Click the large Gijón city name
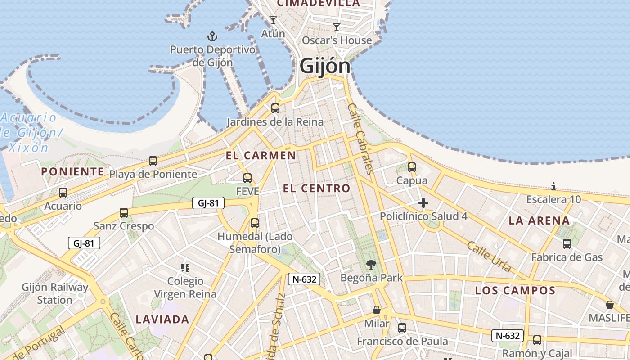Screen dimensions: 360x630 pos(324,66)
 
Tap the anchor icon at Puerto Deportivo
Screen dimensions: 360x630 pos(212,36)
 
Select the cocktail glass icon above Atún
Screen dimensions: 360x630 pos(273,20)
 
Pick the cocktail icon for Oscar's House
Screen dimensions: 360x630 pos(337,27)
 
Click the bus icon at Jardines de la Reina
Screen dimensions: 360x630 pos(275,108)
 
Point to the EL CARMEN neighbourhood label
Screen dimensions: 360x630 pos(261,156)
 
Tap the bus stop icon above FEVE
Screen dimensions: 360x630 pos(247,178)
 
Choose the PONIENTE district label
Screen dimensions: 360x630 pos(72,171)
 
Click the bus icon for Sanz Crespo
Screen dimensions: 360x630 pos(124,213)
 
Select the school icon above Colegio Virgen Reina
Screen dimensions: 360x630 pos(185,268)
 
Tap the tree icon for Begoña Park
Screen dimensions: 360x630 pos(371,264)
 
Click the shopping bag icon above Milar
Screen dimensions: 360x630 pos(377,310)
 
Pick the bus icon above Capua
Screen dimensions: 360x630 pos(411,167)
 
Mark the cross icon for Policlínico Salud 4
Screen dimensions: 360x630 pos(423,203)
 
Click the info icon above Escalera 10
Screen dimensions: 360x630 pos(553,186)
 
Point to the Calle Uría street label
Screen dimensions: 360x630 pos(489,256)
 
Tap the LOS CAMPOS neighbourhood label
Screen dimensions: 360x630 pos(515,290)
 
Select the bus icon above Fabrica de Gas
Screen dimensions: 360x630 pos(567,244)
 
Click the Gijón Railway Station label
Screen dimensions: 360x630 pos(55,293)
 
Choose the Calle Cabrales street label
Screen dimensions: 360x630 pos(361,139)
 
